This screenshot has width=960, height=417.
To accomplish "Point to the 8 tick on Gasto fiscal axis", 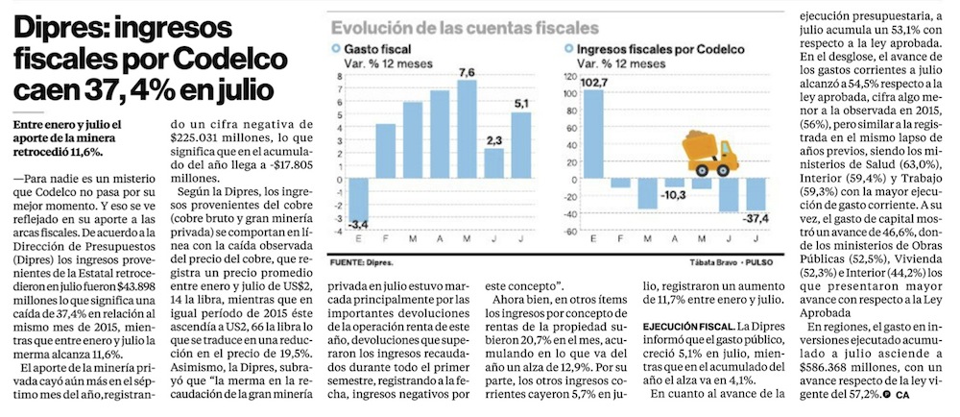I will pyautogui.click(x=338, y=76).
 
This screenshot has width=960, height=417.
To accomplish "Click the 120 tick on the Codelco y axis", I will pyautogui.click(x=568, y=76).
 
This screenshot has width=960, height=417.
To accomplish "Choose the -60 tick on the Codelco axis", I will pyautogui.click(x=569, y=232).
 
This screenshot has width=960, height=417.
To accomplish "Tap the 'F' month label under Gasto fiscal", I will pyautogui.click(x=385, y=240).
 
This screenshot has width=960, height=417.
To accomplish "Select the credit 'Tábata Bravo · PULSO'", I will pyautogui.click(x=723, y=261).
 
